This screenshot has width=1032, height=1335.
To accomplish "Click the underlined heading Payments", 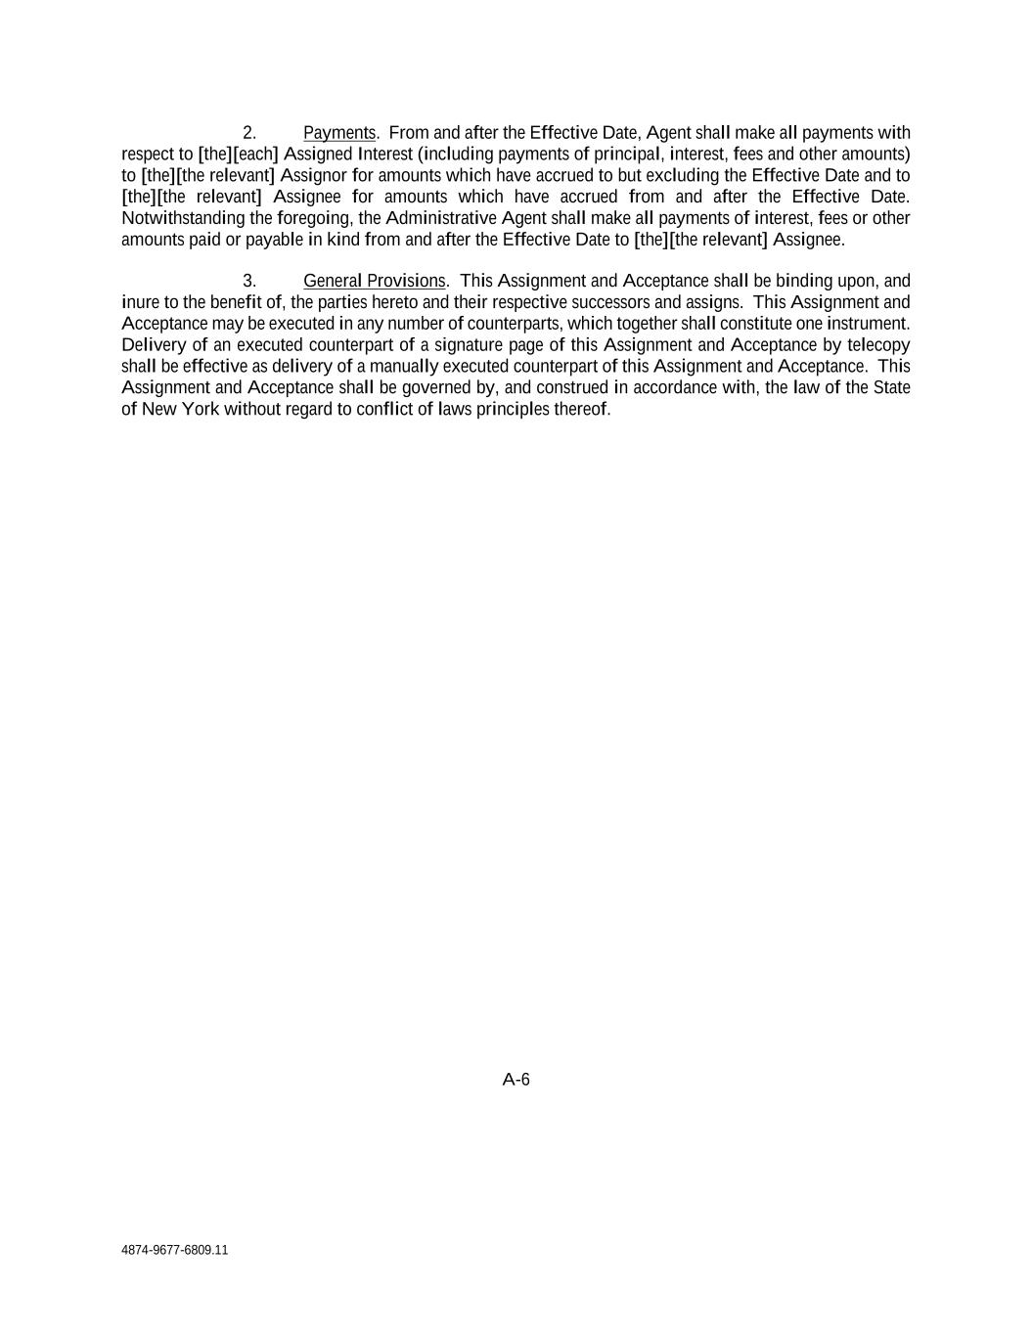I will (339, 133).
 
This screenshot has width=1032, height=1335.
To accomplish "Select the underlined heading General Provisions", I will (374, 282).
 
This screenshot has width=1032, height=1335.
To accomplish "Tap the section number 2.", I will (249, 133).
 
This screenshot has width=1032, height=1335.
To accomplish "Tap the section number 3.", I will (249, 282).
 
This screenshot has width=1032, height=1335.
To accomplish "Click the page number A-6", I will (516, 1080).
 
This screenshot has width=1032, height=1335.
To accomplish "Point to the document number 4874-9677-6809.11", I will (175, 1250).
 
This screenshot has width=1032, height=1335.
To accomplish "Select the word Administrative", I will (441, 218).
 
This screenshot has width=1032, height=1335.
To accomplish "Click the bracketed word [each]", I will (255, 155).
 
